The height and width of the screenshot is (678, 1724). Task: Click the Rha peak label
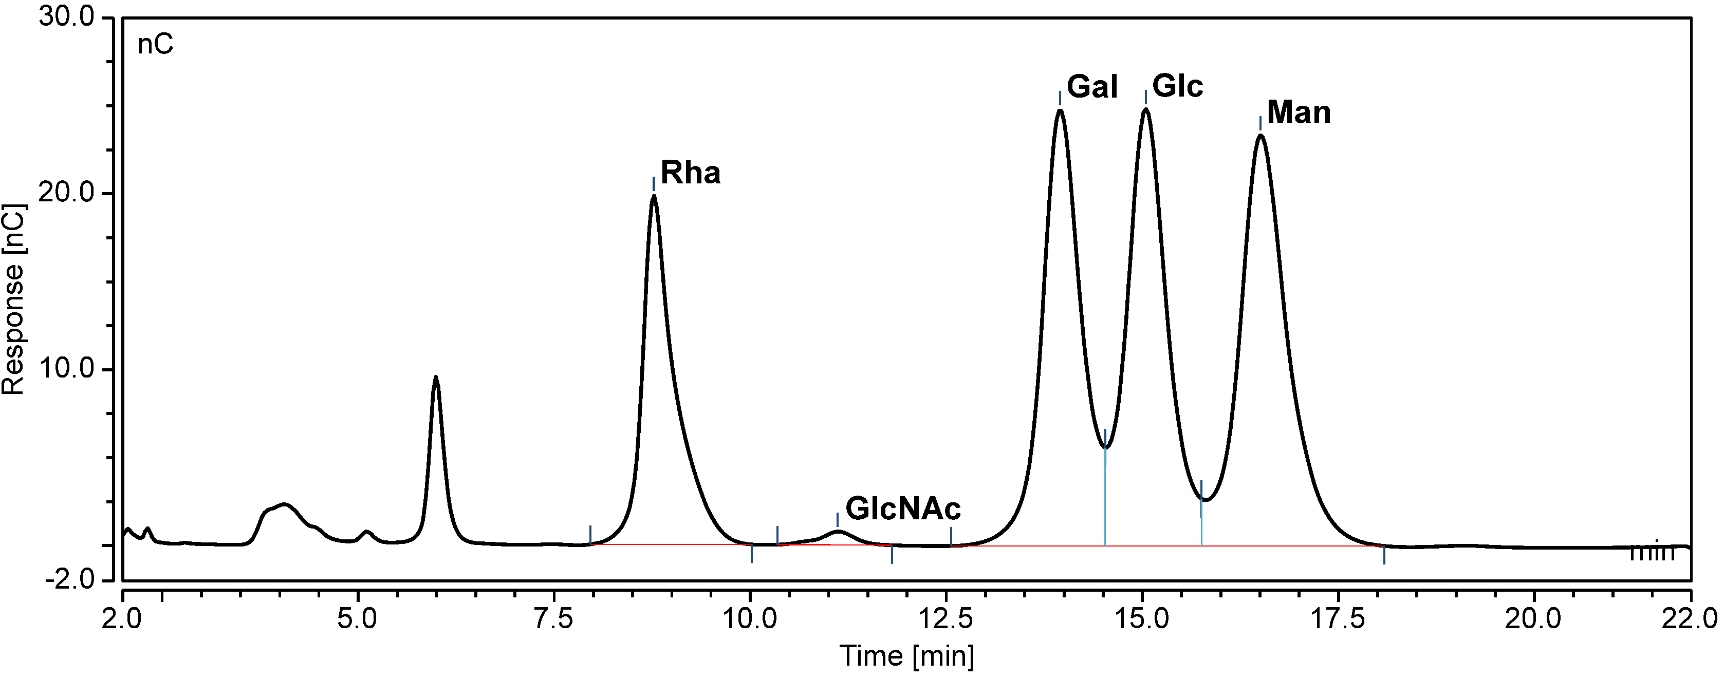pos(690,173)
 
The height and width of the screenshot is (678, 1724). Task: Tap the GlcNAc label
pos(903,509)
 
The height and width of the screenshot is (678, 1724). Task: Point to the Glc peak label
pos(1178,86)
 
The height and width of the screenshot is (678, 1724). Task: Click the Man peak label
pos(1299,112)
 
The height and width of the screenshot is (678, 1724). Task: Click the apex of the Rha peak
pos(654,196)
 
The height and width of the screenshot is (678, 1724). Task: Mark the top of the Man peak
pos(1260,136)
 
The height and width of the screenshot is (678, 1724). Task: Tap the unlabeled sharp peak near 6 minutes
pos(436,378)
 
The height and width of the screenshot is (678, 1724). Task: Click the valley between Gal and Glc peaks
pos(1106,447)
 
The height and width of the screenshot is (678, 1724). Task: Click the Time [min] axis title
pos(907,656)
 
